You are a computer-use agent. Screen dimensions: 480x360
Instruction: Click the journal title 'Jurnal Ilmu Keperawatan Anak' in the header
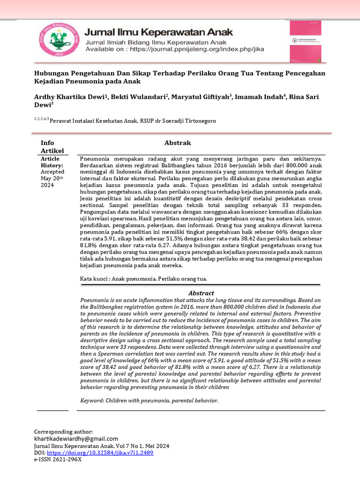[156, 33]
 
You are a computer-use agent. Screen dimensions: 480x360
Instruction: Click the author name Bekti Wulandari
[142, 97]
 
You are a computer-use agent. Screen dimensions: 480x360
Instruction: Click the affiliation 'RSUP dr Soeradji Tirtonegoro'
[178, 121]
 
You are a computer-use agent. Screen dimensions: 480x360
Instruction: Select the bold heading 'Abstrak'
[177, 142]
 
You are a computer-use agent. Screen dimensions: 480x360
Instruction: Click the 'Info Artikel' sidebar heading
[52, 146]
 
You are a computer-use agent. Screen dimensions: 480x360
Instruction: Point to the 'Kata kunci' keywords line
[143, 279]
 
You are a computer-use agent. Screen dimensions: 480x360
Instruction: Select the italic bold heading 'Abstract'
[201, 293]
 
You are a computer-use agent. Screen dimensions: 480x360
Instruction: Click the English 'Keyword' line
[149, 401]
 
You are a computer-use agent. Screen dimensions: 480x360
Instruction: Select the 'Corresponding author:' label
[64, 431]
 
